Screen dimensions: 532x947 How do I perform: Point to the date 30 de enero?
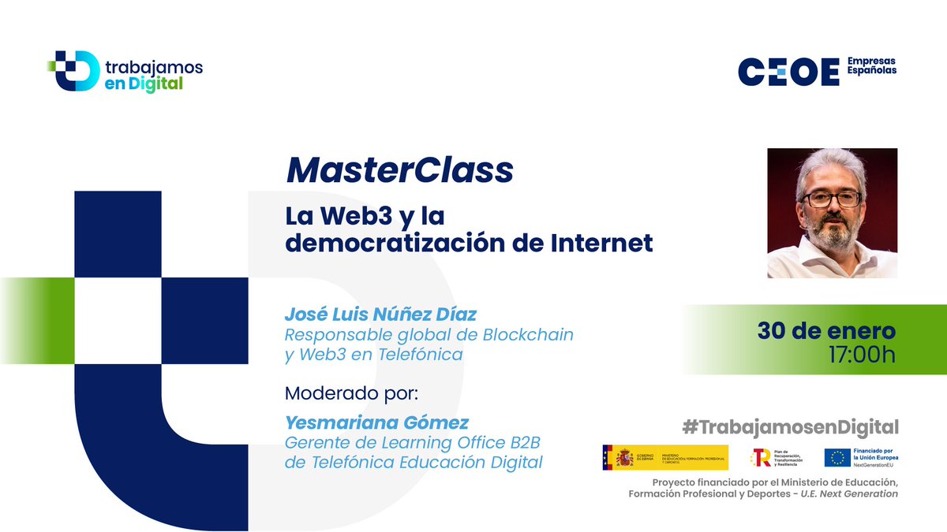point(826,330)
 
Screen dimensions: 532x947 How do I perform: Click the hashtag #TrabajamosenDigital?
point(790,427)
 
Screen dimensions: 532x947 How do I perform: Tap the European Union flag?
point(837,458)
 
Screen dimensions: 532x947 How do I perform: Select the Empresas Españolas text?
point(871,65)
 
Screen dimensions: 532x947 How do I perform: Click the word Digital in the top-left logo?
point(154,84)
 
